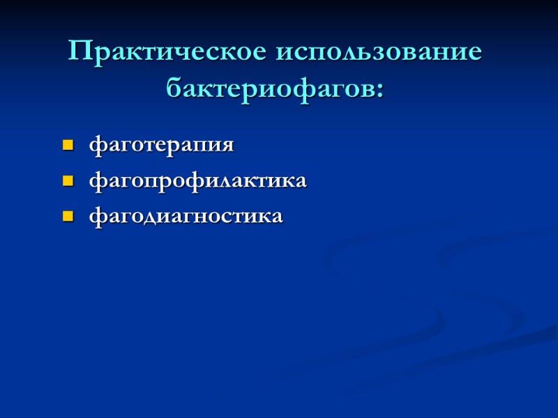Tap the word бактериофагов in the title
271,89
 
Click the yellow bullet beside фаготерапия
68,146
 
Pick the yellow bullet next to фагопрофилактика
68,182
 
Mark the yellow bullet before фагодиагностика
68,217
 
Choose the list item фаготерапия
161,146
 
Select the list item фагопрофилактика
197,182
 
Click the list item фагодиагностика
186,217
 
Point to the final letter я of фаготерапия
227,147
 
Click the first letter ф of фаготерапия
96,147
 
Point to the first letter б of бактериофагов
174,88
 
